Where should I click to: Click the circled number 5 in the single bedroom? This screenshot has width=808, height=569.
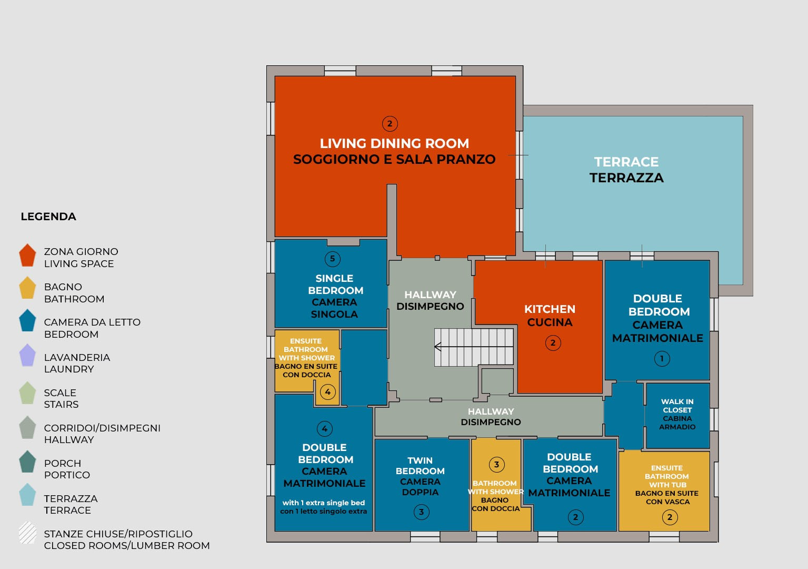pyautogui.click(x=332, y=259)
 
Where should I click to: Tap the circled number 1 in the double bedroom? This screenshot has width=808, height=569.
pyautogui.click(x=662, y=359)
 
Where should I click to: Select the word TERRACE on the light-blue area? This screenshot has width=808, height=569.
pyautogui.click(x=626, y=162)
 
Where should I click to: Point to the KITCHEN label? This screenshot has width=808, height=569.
pyautogui.click(x=550, y=309)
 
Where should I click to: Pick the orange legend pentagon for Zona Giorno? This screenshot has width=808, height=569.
pyautogui.click(x=27, y=256)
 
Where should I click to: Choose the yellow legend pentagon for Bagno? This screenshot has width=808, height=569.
pyautogui.click(x=27, y=289)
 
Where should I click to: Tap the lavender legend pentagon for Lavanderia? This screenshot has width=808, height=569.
pyautogui.click(x=27, y=356)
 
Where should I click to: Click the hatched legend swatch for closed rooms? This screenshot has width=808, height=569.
pyautogui.click(x=27, y=533)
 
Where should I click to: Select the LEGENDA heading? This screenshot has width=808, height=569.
pyautogui.click(x=48, y=217)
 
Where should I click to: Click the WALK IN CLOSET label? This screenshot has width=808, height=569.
pyautogui.click(x=677, y=406)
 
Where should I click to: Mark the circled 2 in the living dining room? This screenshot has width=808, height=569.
pyautogui.click(x=390, y=124)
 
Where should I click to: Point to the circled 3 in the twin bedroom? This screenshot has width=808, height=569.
pyautogui.click(x=421, y=512)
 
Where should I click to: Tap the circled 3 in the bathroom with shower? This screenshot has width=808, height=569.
pyautogui.click(x=496, y=464)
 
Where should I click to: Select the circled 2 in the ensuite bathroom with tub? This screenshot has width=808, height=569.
pyautogui.click(x=670, y=517)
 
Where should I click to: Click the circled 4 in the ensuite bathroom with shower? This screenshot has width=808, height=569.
pyautogui.click(x=327, y=392)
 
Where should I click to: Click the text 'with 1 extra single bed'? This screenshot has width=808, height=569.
pyautogui.click(x=324, y=503)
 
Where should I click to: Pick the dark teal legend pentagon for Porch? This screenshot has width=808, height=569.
pyautogui.click(x=27, y=462)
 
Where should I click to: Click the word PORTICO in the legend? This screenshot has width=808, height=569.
pyautogui.click(x=67, y=475)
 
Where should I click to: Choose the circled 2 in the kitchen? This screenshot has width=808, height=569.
pyautogui.click(x=553, y=343)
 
